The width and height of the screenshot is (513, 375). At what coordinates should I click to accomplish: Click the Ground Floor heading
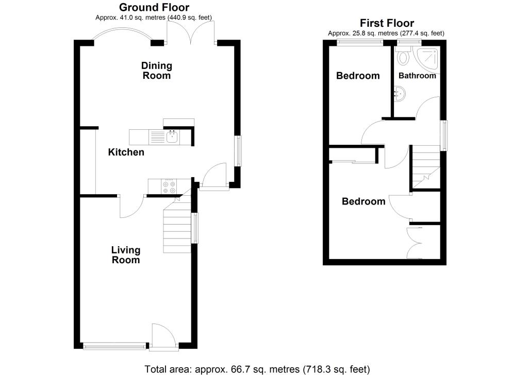(154, 8)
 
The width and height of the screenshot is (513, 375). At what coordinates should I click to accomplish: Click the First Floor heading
(386, 23)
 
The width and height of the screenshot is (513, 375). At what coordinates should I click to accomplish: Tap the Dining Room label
(157, 71)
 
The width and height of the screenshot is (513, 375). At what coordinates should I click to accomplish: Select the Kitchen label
(126, 152)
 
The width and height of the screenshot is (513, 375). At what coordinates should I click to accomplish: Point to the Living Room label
(126, 255)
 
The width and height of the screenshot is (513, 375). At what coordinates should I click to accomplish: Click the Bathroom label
(418, 76)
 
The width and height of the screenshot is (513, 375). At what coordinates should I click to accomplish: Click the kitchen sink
(172, 137)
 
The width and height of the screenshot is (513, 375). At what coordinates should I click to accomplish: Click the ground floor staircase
(178, 227)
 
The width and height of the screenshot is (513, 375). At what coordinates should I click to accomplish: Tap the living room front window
(114, 346)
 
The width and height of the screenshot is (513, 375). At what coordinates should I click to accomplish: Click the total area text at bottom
(257, 369)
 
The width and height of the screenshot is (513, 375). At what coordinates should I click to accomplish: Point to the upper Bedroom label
(358, 76)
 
